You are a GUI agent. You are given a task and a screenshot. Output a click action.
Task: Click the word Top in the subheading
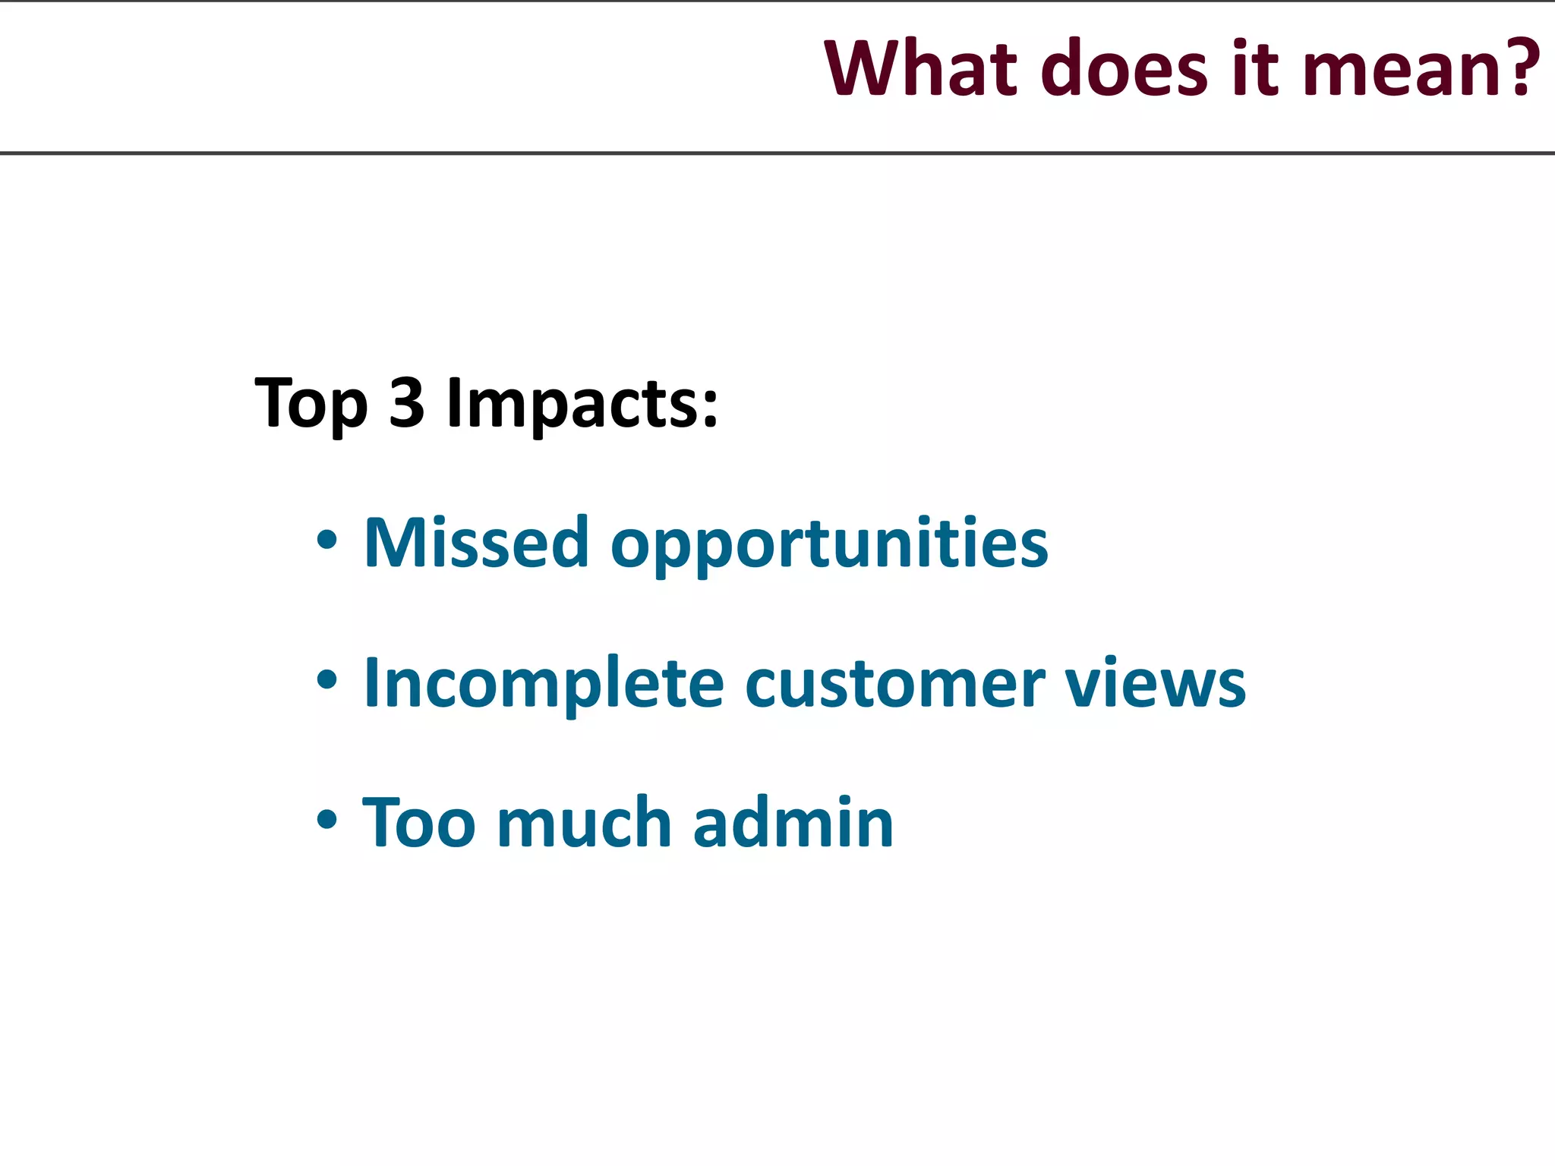pyautogui.click(x=311, y=404)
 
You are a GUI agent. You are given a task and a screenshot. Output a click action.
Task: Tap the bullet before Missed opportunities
pyautogui.click(x=326, y=540)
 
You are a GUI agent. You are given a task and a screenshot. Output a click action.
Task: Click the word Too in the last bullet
pyautogui.click(x=418, y=822)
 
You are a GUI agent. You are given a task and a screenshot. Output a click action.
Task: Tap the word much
pyautogui.click(x=584, y=822)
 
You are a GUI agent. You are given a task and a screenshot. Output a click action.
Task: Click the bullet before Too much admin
pyautogui.click(x=326, y=820)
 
